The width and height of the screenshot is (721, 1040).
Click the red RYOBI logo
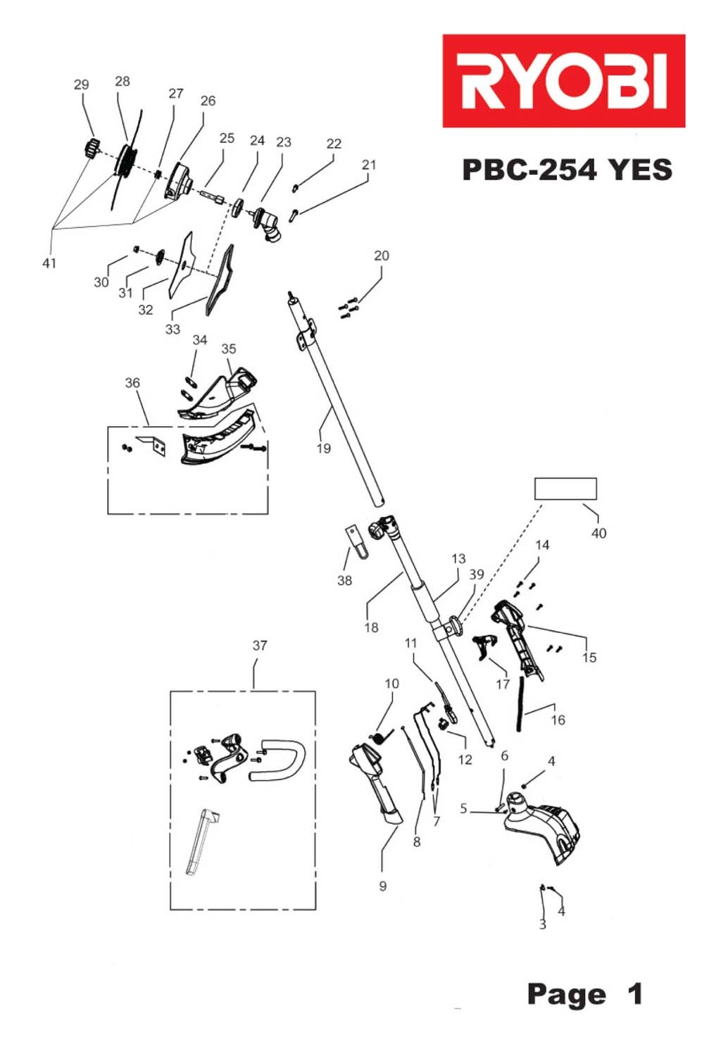[563, 81]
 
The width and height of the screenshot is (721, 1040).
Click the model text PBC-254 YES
[567, 170]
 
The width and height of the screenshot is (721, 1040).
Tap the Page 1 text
[584, 994]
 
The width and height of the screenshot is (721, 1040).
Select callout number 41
[49, 263]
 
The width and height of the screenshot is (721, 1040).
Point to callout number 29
[82, 84]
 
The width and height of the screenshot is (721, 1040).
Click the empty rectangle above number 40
[565, 489]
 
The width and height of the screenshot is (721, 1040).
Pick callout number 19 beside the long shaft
[323, 449]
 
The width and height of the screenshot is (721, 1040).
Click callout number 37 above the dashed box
[260, 645]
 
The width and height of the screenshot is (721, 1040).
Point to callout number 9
[382, 886]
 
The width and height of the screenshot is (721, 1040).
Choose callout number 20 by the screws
[381, 256]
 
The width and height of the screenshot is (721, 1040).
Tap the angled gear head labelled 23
[268, 224]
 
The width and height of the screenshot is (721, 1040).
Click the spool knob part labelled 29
[89, 149]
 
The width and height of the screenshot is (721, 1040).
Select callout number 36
[132, 383]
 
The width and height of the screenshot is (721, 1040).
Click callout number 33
[173, 330]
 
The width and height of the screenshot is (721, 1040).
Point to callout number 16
[558, 720]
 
